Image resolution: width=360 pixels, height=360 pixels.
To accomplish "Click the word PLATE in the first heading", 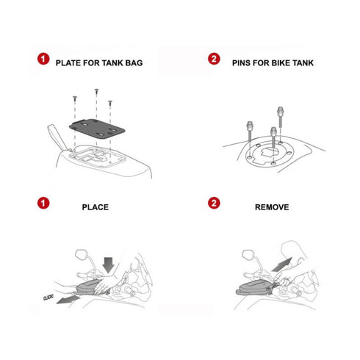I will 70,62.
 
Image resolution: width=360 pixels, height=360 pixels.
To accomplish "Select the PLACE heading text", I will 95,207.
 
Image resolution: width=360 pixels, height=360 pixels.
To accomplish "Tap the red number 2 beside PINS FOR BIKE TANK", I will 215,59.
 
